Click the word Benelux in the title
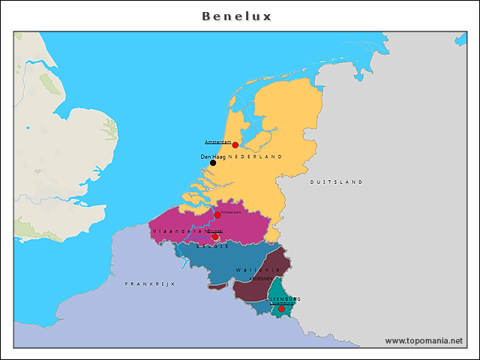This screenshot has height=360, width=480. [237, 16]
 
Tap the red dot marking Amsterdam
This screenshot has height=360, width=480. [235, 145]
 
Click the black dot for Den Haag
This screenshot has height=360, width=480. [213, 163]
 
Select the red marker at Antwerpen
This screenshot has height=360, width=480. [217, 214]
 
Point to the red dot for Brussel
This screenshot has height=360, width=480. [215, 237]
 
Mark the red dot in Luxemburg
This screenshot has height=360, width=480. [281, 308]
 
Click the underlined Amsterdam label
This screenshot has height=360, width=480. [217, 142]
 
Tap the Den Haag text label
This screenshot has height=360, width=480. [213, 156]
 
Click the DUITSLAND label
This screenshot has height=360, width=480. [336, 181]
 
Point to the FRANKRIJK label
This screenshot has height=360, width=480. [149, 283]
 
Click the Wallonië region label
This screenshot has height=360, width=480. [257, 270]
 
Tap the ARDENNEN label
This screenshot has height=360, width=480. [260, 278]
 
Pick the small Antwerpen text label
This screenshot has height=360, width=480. [231, 211]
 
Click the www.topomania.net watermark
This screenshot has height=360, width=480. [424, 340]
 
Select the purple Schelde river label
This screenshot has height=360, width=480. [199, 237]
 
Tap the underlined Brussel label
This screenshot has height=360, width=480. [215, 231]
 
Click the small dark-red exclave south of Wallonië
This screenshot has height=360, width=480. [217, 286]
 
